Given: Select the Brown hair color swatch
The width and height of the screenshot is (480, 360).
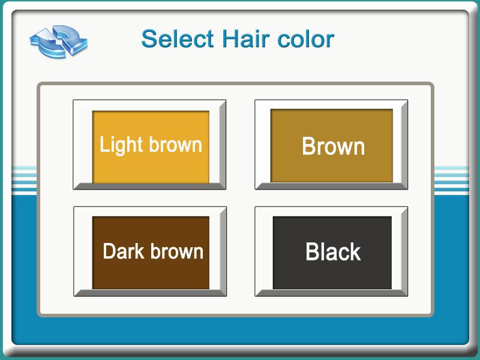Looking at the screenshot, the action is pos(331,145).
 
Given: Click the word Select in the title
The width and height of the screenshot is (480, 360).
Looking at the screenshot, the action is pos(178,39).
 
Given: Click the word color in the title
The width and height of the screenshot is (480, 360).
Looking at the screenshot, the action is pos(306,39).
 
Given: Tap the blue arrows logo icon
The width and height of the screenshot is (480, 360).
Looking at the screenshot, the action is pos(59,41).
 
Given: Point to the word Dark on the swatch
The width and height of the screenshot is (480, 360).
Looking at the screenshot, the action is pos(124,251).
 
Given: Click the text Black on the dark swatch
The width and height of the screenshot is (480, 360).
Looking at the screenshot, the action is pos(333,252).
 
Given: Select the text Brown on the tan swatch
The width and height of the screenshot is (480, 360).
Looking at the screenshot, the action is pos(334,146).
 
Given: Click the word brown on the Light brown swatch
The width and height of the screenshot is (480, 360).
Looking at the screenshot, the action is pos(176,144).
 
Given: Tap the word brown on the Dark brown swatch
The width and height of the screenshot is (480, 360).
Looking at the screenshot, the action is pos(177,251).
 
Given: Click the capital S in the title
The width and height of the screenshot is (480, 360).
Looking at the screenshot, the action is pos(149,39).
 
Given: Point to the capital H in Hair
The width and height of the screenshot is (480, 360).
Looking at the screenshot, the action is pos(230,39).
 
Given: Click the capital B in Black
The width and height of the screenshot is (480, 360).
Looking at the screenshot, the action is pos(313,252).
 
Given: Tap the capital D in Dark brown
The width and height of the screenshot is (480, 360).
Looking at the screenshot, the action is pos(110,251).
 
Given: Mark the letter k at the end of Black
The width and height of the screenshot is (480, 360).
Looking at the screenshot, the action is pos(355,252).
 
